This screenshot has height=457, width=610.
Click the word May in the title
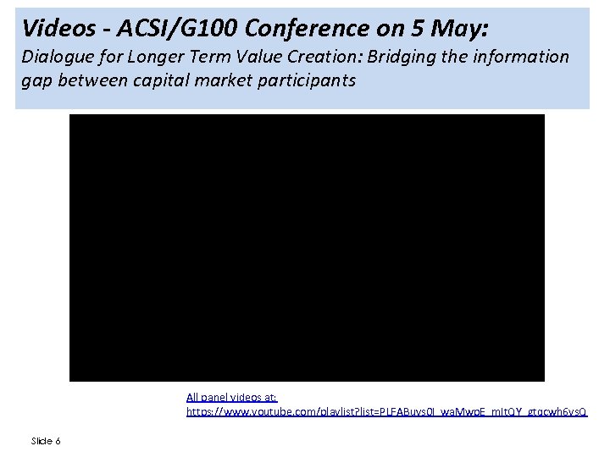[457, 29]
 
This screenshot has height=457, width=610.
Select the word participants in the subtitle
[303, 81]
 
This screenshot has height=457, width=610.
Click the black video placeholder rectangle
[307, 247]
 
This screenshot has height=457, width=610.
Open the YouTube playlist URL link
[386, 411]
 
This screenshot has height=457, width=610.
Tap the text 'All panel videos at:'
[231, 396]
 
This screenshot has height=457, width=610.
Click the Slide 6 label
[46, 441]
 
